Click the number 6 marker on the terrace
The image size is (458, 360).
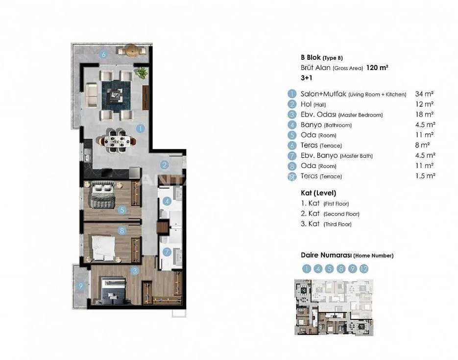[x=103, y=54]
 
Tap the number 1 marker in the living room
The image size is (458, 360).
[x=141, y=128]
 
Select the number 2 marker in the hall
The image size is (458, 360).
[x=165, y=165]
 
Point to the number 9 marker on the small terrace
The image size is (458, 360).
[x=81, y=286]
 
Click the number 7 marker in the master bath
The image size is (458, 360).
[x=167, y=252]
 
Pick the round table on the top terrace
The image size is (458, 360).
[x=131, y=51]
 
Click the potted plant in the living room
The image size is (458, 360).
[x=142, y=72]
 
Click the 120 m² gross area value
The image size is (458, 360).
[x=377, y=68]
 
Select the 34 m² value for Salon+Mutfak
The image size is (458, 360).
[x=424, y=94]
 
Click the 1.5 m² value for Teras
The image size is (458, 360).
[x=425, y=176]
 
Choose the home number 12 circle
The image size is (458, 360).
[x=363, y=268]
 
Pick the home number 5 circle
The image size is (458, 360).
[x=330, y=268]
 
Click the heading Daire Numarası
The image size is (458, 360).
[x=326, y=255]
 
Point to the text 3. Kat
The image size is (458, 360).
[x=310, y=224]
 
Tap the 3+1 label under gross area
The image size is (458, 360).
[x=307, y=78]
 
